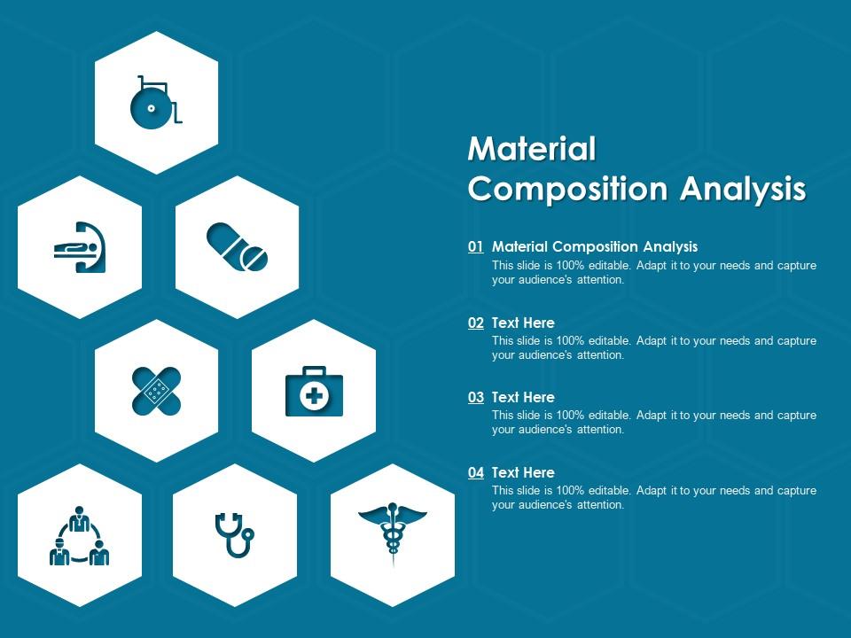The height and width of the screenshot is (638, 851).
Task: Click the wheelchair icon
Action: tap(156, 102)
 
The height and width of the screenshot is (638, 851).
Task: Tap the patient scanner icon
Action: tap(80, 246)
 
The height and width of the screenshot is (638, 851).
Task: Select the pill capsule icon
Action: tap(237, 246)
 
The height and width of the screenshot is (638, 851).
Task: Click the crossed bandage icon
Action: tap(156, 391)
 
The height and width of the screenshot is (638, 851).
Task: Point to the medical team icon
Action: tap(79, 535)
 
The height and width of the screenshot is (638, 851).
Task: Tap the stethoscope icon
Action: tap(235, 535)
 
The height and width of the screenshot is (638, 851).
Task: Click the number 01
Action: tap(476, 247)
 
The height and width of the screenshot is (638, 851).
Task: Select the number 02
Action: tap(476, 323)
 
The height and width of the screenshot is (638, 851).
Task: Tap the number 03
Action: tap(476, 397)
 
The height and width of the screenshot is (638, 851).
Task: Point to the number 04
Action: tap(476, 472)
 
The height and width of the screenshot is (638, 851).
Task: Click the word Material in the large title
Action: tap(532, 149)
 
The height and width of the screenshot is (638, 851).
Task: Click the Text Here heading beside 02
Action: tap(523, 323)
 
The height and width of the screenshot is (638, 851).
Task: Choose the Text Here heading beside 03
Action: tap(523, 397)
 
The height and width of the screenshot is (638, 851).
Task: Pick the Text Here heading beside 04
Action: tap(523, 472)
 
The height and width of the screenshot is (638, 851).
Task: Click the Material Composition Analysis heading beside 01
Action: tap(595, 247)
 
